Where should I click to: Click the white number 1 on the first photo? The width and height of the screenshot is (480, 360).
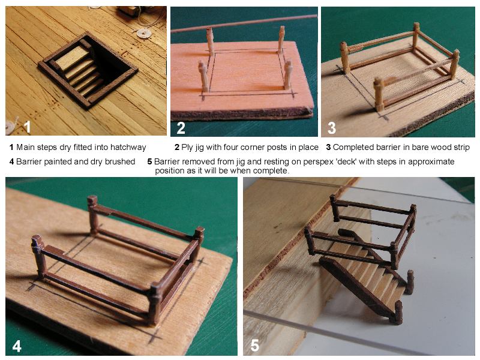(x=27, y=127)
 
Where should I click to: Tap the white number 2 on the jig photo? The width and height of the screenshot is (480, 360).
(x=181, y=128)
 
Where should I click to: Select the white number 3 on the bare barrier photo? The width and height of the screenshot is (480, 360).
(x=332, y=128)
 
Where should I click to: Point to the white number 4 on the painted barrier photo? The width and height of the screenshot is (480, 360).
(x=17, y=346)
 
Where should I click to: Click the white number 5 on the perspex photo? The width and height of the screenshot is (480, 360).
(x=254, y=346)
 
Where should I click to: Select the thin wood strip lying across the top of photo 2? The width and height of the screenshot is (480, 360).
(x=244, y=23)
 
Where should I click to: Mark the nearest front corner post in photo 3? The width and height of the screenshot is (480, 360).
(x=379, y=95)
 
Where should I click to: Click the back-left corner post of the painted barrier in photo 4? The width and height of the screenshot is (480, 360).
(x=93, y=214)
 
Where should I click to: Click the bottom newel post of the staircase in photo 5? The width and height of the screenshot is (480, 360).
(x=397, y=312)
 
